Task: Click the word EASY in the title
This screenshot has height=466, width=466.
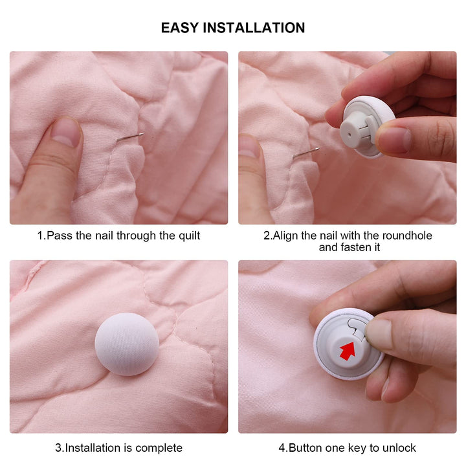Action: pos(179,28)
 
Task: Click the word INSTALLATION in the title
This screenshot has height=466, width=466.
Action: pos(253,28)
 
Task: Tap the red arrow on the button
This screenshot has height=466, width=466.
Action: pos(348,351)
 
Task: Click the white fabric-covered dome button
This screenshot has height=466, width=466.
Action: pos(127,344)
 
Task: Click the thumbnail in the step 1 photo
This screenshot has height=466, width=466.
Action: pos(66,131)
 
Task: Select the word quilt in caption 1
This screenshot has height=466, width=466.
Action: pos(186,236)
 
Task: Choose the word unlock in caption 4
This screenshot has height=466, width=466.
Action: pos(399,448)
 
